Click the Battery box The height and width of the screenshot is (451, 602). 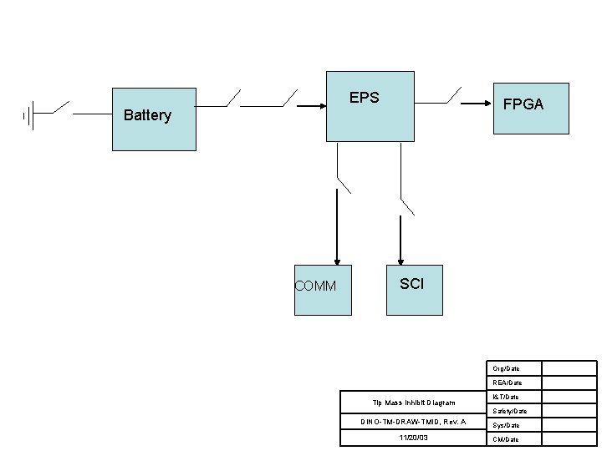[154, 119]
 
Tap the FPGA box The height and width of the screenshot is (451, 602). [531, 108]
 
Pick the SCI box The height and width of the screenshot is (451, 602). [412, 290]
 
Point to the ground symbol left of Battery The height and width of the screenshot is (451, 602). [28, 116]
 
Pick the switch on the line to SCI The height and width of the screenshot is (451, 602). [406, 205]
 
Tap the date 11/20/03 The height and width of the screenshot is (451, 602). [412, 438]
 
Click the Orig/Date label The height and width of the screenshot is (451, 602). [506, 368]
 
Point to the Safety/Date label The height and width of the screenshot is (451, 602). [509, 411]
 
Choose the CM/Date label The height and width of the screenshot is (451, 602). [506, 439]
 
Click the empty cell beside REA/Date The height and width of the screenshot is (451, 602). [569, 383]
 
